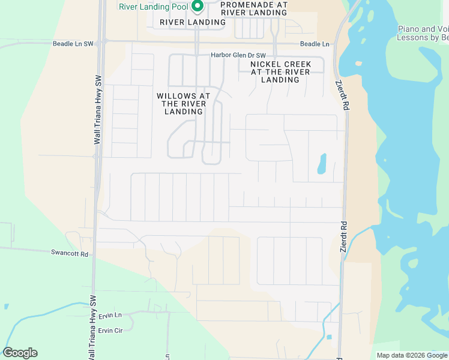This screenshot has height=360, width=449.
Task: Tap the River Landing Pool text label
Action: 154,7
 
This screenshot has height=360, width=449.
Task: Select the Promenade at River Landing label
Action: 254,8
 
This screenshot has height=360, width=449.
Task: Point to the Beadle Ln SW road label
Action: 73,44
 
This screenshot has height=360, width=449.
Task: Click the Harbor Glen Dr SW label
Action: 238,55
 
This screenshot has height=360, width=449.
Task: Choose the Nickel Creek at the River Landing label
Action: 280,71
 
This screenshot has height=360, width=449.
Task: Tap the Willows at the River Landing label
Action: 183,103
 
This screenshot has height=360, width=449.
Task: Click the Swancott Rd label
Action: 70,254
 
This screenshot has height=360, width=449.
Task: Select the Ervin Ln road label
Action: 110,315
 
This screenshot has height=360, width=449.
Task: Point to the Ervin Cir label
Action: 110,331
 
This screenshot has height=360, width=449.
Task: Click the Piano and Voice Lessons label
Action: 424,33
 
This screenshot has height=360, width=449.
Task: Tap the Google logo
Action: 20,353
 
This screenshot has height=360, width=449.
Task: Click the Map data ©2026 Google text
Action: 412,355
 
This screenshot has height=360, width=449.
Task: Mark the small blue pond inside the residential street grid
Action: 322,164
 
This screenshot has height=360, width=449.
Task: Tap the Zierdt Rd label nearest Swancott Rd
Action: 344,238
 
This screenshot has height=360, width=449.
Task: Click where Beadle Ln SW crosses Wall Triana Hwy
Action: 101,42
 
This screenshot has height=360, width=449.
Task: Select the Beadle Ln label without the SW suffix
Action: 315,44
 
